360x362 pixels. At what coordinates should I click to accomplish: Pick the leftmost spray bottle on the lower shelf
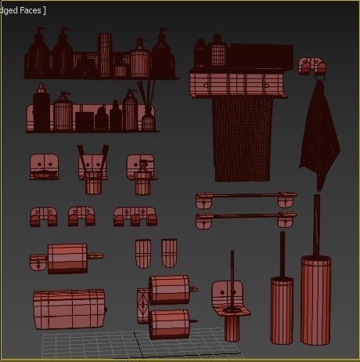pyautogui.click(x=41, y=110)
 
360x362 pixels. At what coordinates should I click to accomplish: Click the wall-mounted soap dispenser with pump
pyautogui.click(x=141, y=172)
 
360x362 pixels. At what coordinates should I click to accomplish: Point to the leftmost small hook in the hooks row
pyautogui.click(x=42, y=216)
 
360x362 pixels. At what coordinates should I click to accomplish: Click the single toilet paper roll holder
pyautogui.click(x=67, y=258)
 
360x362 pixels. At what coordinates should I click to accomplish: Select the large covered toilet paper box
pyautogui.click(x=69, y=308)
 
